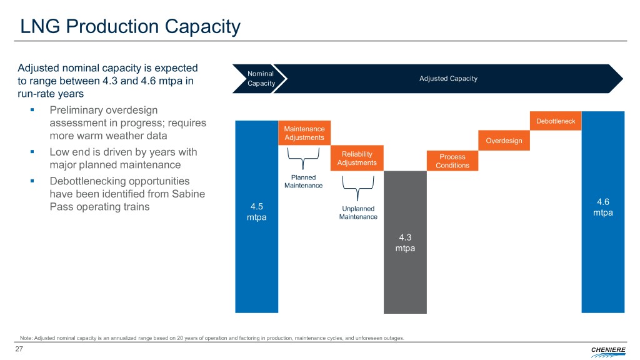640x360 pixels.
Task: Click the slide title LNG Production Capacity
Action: point(130,27)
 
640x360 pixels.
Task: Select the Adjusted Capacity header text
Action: point(448,79)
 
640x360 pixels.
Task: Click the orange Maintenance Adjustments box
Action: point(304,132)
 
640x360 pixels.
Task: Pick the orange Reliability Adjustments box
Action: point(357,159)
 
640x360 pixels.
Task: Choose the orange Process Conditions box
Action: point(452,161)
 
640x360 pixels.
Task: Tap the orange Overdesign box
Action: point(504,141)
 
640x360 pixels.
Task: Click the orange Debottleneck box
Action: point(556,121)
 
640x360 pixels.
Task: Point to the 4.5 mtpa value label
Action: point(256,212)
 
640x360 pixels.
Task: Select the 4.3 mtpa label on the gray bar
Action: point(405,242)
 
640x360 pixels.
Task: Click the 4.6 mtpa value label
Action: point(603,207)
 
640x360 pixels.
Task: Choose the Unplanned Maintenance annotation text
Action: point(357,212)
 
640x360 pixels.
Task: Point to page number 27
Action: point(19,349)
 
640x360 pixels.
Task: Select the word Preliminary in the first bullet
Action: point(78,110)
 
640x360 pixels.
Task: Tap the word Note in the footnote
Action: point(27,338)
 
